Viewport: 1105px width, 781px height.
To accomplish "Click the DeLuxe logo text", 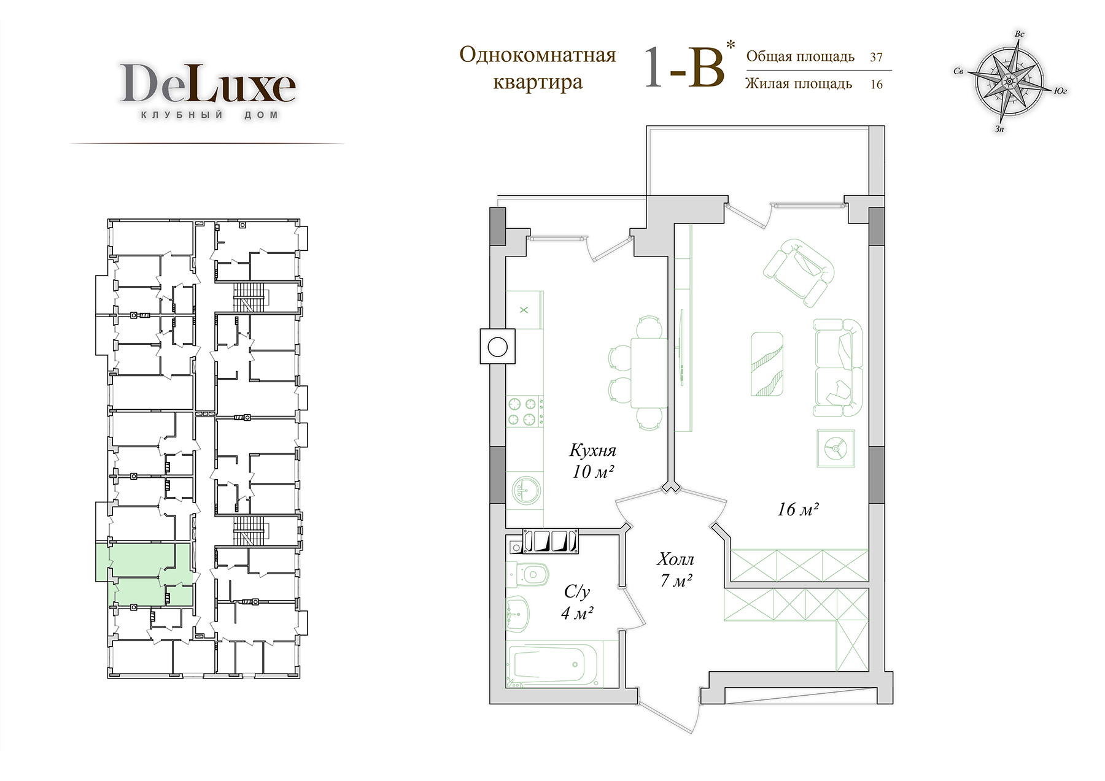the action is (x=207, y=83).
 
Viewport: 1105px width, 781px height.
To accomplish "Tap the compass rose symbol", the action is (x=1008, y=80).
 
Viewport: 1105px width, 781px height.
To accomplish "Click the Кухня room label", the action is (x=592, y=450).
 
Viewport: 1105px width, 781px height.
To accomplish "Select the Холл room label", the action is (x=675, y=560).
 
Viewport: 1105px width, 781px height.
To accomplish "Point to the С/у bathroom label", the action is (x=577, y=592).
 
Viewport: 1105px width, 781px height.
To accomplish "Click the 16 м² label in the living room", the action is (x=798, y=509).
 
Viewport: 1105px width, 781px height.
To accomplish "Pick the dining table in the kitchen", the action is (x=649, y=372).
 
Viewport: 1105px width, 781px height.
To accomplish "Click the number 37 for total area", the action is (x=876, y=57).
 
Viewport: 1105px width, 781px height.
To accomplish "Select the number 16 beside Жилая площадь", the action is (x=876, y=84).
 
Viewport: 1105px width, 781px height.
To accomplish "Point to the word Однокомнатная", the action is (x=538, y=55).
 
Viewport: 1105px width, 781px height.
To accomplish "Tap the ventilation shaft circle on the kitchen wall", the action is (x=497, y=347).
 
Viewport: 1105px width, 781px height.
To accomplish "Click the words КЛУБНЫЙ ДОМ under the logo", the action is (x=210, y=115).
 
